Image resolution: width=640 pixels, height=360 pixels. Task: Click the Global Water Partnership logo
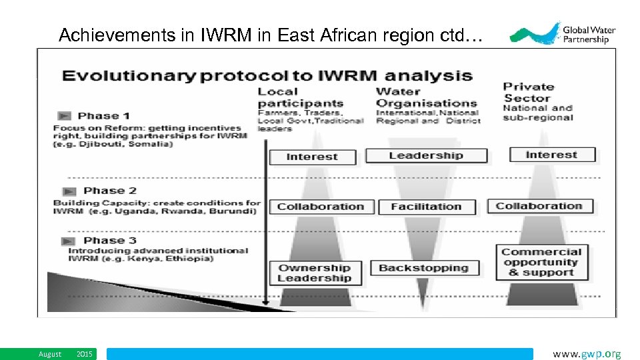pyautogui.click(x=563, y=33)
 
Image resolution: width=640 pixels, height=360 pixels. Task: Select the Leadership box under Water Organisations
pyautogui.click(x=426, y=156)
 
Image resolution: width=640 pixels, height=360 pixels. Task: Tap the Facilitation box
pyautogui.click(x=426, y=207)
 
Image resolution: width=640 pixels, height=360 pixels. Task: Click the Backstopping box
pyautogui.click(x=424, y=268)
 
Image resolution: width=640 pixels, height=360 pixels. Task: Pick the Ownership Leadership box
pyautogui.click(x=315, y=273)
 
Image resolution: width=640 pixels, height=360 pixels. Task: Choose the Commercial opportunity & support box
pyautogui.click(x=541, y=262)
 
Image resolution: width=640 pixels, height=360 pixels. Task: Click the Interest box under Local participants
pyautogui.click(x=312, y=157)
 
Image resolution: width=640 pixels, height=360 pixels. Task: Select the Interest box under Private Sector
pyautogui.click(x=551, y=155)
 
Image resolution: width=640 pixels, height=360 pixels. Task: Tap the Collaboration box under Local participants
pyautogui.click(x=320, y=207)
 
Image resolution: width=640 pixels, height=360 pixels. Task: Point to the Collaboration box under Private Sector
pyautogui.click(x=539, y=206)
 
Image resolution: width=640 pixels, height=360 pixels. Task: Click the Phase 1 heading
pyautogui.click(x=103, y=116)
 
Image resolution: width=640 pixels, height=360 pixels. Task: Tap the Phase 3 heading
pyautogui.click(x=110, y=240)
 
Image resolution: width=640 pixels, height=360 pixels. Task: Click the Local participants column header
pyautogui.click(x=300, y=97)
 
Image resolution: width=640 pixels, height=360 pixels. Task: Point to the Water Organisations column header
pyautogui.click(x=427, y=97)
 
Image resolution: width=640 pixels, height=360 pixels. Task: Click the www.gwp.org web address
pyautogui.click(x=587, y=354)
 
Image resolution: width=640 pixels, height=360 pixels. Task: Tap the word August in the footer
pyautogui.click(x=49, y=355)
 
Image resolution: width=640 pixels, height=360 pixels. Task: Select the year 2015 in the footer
pyautogui.click(x=85, y=355)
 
